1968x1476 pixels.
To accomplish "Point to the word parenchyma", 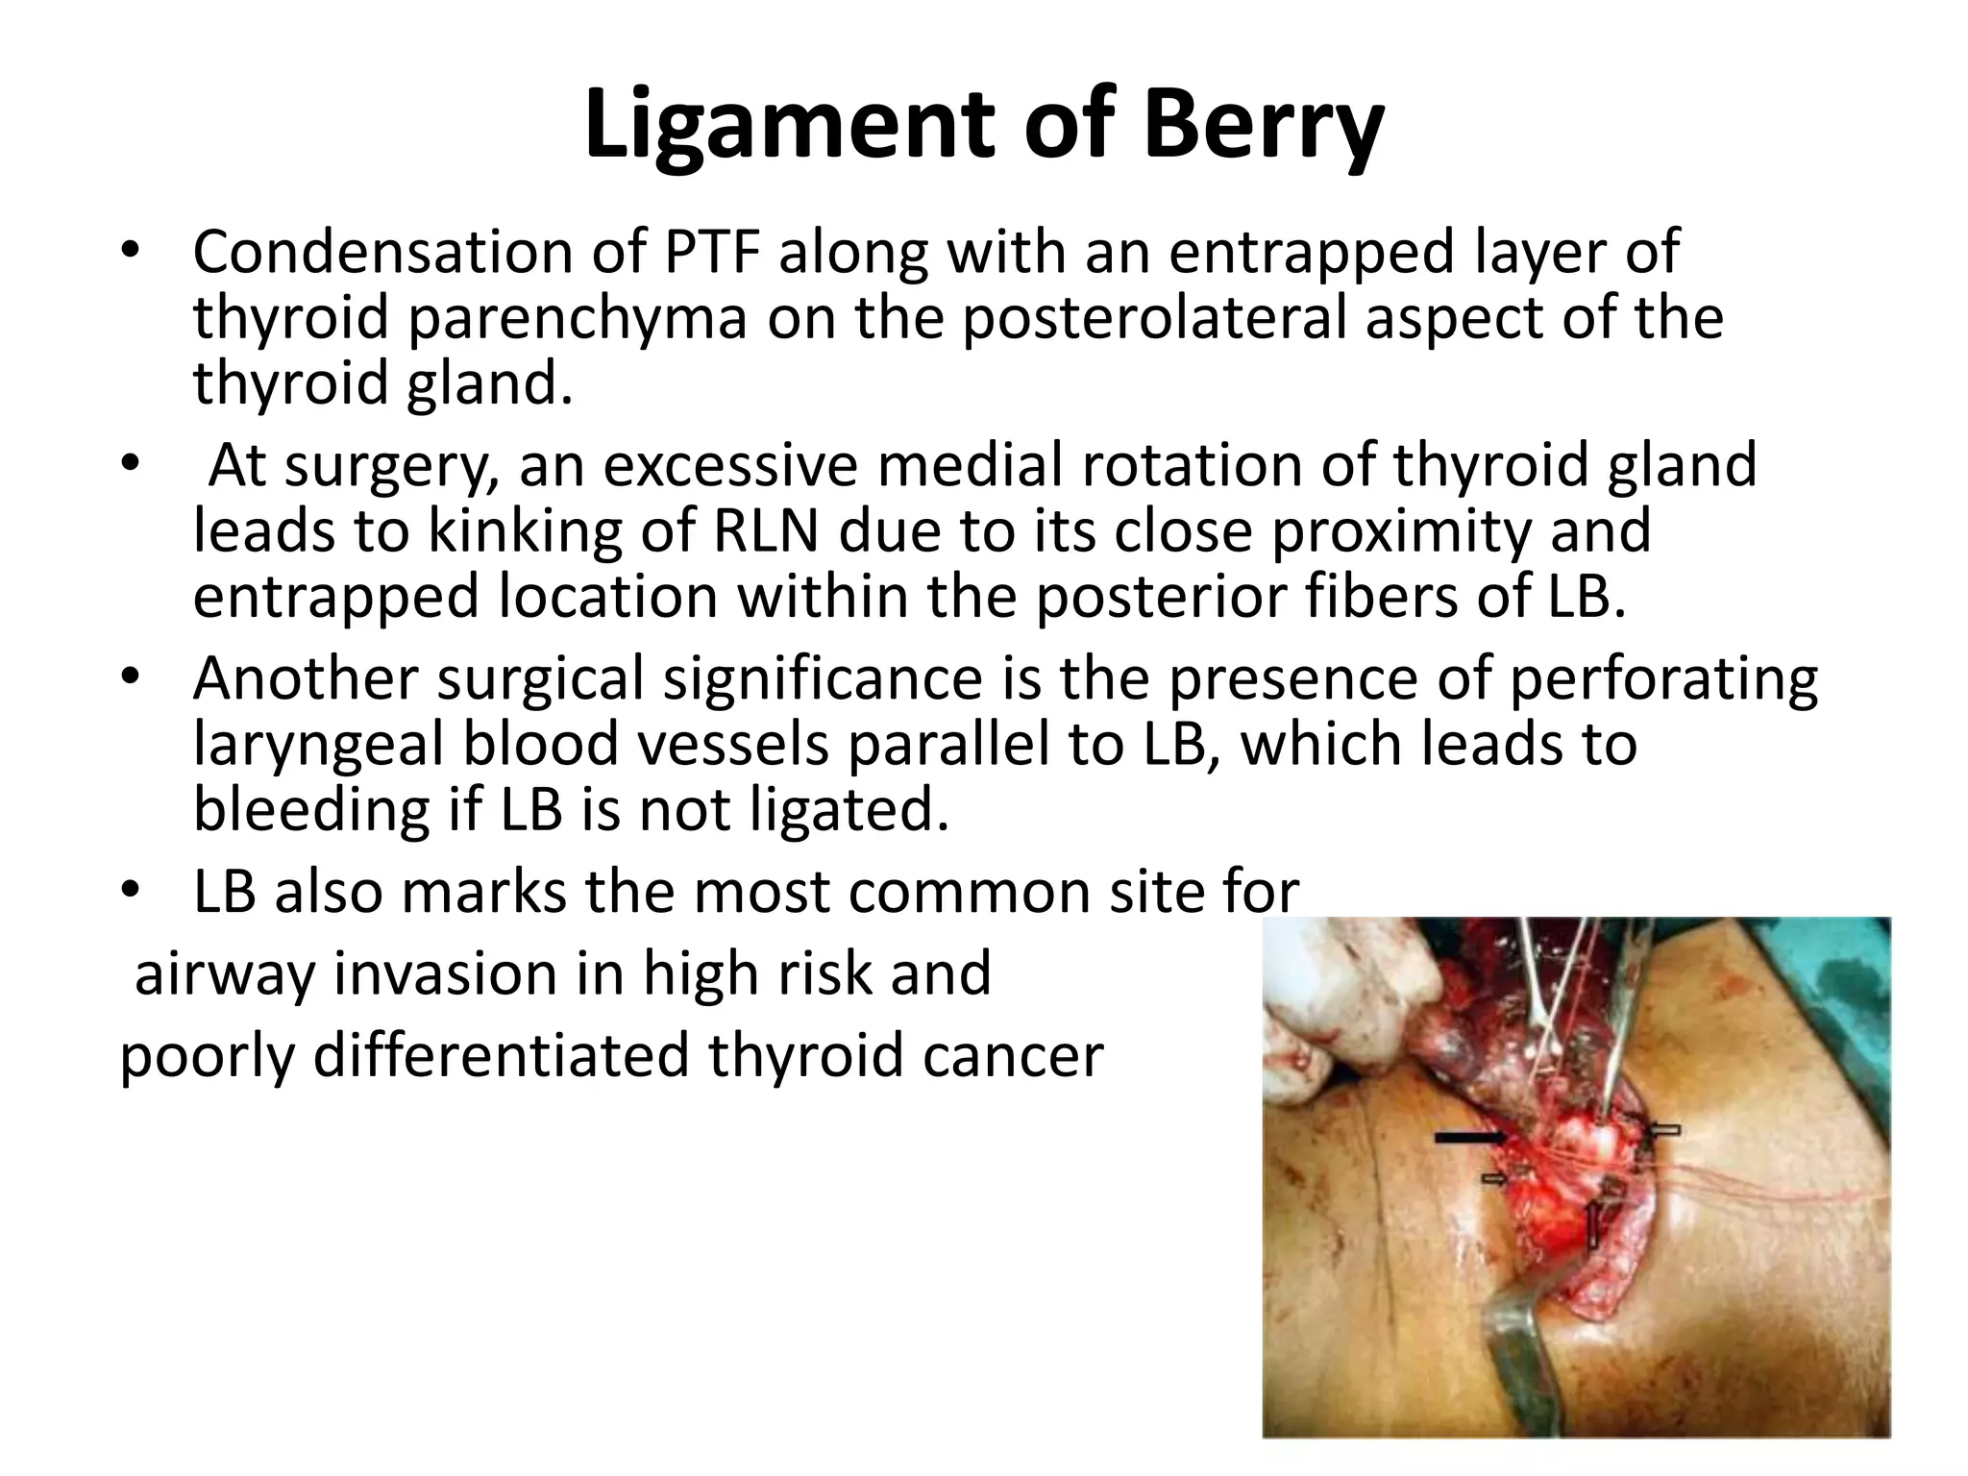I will [x=577, y=318].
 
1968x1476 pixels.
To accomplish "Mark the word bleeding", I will [x=311, y=810].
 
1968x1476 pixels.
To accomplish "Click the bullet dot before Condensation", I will [x=131, y=254].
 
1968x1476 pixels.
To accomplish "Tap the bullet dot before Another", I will [x=131, y=679].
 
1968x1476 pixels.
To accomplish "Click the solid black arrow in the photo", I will [x=1470, y=1138].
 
